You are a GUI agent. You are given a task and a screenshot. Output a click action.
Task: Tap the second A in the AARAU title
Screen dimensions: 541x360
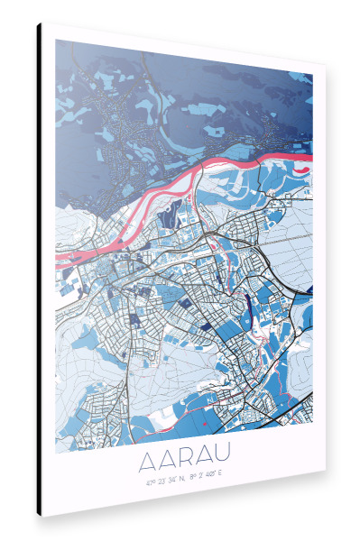click(x=171, y=464)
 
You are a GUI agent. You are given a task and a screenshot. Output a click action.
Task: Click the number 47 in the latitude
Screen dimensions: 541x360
click(x=149, y=482)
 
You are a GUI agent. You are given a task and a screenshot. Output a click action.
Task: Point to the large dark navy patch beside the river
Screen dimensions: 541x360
click(x=168, y=216)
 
